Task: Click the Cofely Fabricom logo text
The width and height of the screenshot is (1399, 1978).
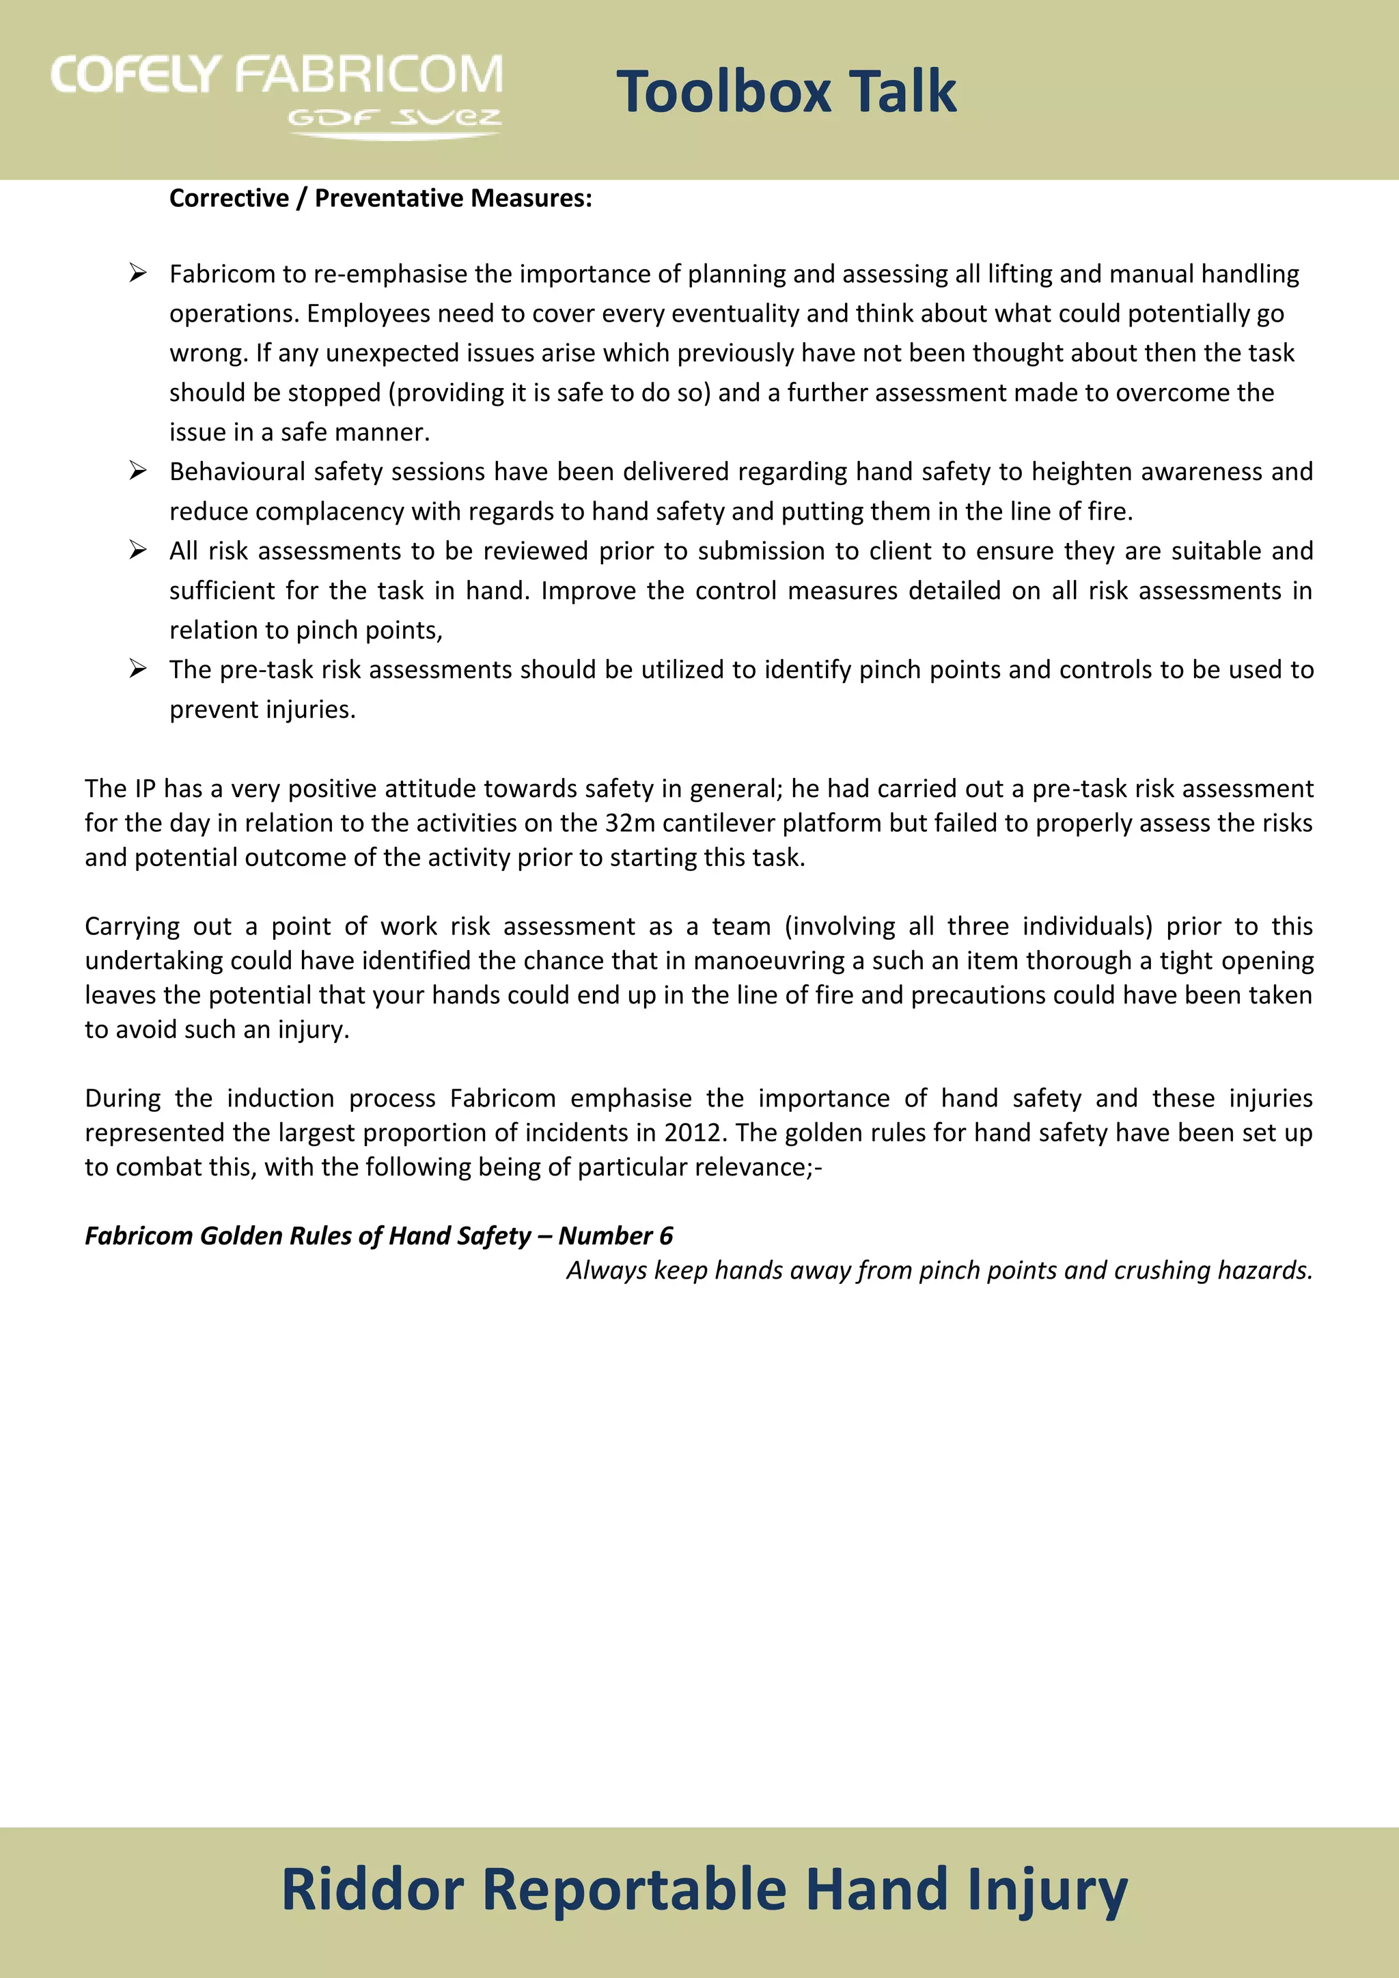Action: click(x=277, y=75)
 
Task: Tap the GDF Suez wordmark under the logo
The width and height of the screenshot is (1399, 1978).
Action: click(x=395, y=117)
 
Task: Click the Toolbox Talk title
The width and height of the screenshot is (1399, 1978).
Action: click(x=786, y=92)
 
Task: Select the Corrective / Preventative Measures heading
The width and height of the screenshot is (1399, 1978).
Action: click(x=380, y=198)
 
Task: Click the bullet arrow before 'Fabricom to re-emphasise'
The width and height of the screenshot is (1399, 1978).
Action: click(x=138, y=273)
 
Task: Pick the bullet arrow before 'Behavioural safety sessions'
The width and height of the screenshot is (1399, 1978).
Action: click(x=138, y=471)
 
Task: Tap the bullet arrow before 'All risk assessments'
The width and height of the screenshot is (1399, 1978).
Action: click(x=138, y=550)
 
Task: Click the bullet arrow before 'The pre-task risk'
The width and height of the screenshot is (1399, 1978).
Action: click(x=138, y=669)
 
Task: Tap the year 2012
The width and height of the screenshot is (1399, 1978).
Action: click(x=692, y=1132)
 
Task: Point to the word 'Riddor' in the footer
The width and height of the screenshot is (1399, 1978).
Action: click(x=373, y=1889)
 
